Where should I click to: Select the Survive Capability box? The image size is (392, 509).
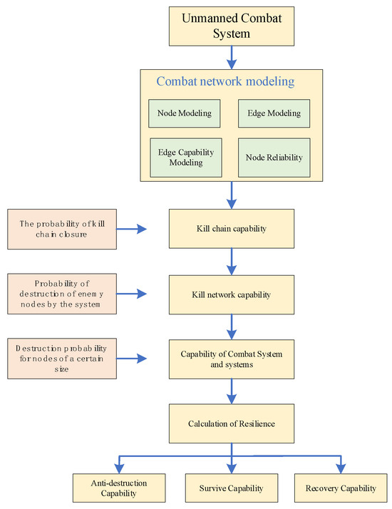coord(230,488)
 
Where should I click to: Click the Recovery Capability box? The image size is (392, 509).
coord(341,488)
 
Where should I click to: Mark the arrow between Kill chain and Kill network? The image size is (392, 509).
coord(231,261)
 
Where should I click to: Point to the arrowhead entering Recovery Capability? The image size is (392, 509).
coord(341,468)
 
